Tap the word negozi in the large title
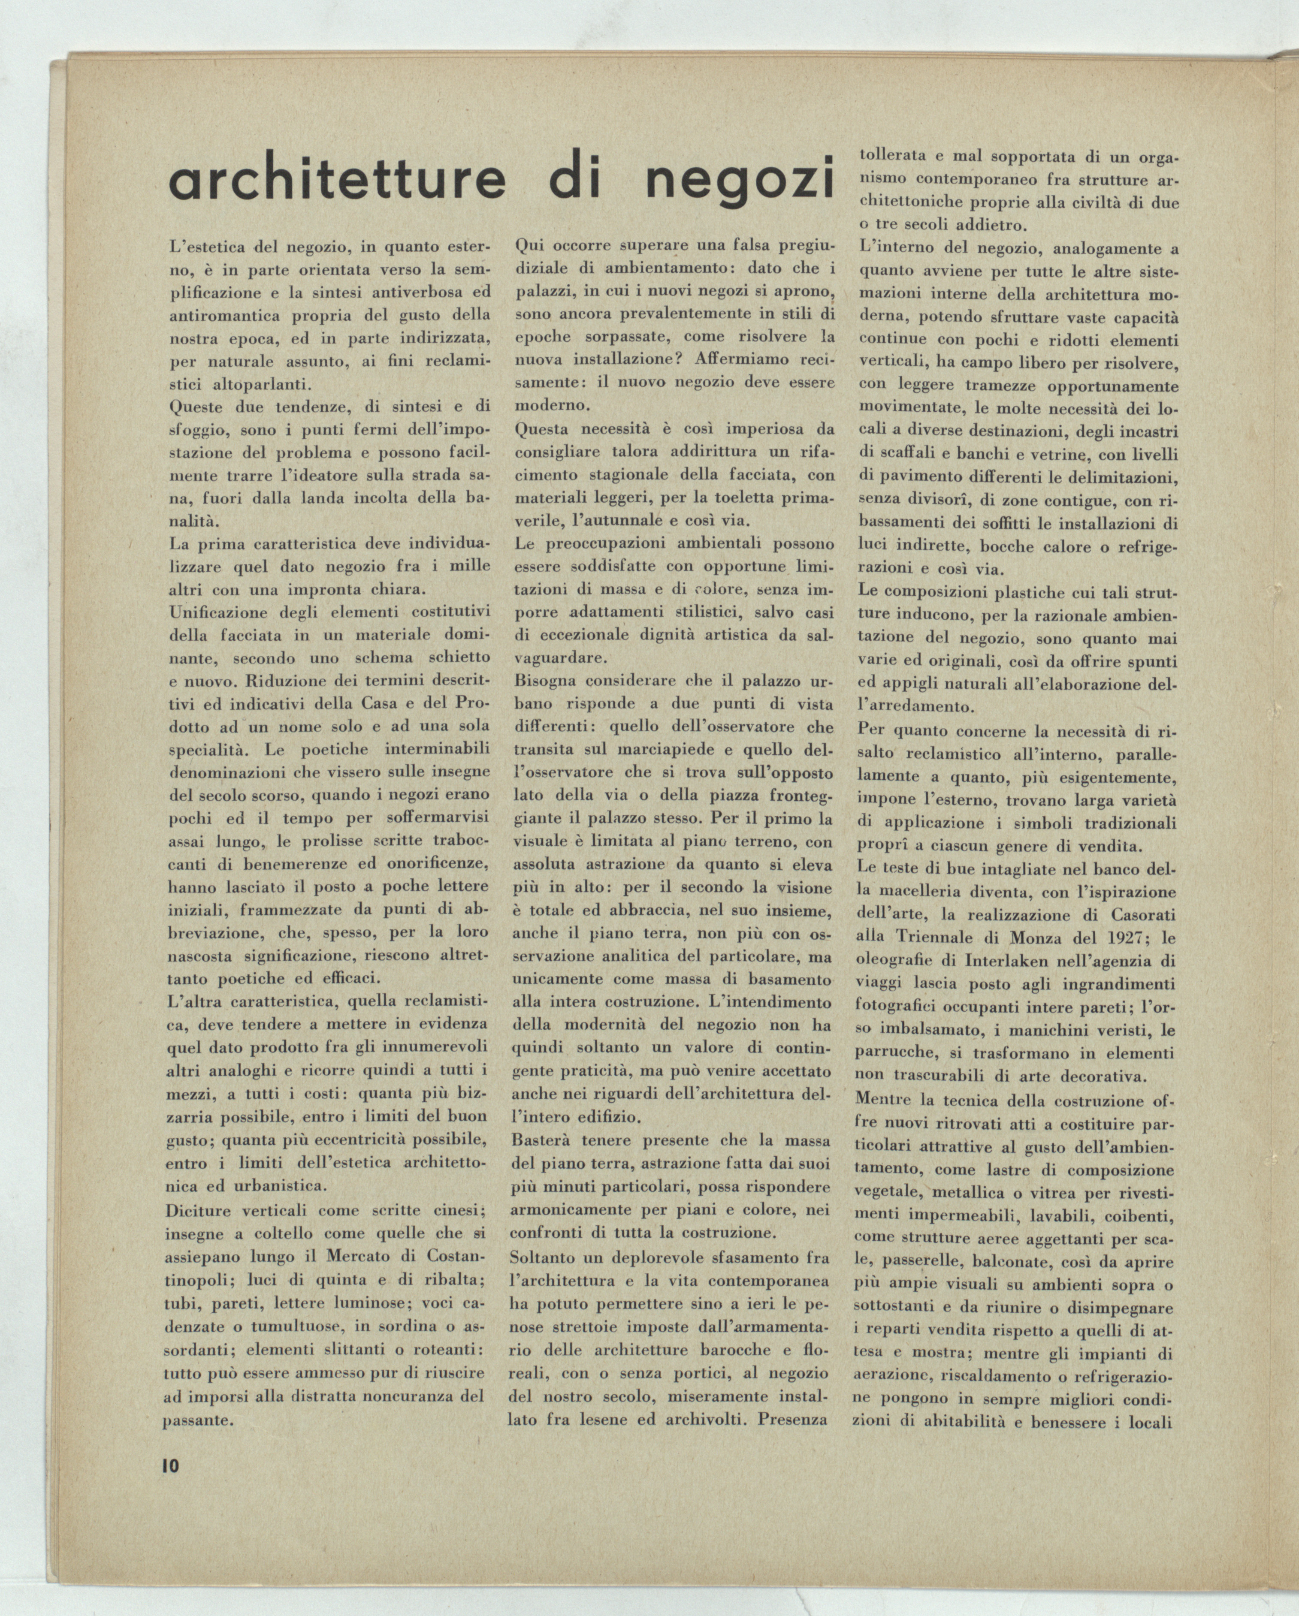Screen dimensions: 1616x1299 pyautogui.click(x=738, y=179)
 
